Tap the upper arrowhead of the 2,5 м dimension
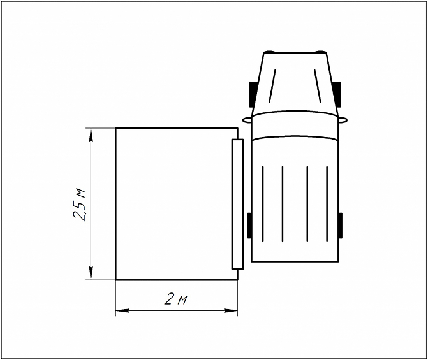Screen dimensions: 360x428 92,134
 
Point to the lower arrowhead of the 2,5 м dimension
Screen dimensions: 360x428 92,273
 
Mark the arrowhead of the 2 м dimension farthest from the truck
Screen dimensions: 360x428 121,310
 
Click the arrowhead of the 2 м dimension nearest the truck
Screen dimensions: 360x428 232,310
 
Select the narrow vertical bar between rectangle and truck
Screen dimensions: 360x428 237,203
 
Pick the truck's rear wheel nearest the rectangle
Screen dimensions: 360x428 249,226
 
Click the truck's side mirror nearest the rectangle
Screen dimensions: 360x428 246,119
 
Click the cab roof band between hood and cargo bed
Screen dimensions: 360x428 295,125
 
